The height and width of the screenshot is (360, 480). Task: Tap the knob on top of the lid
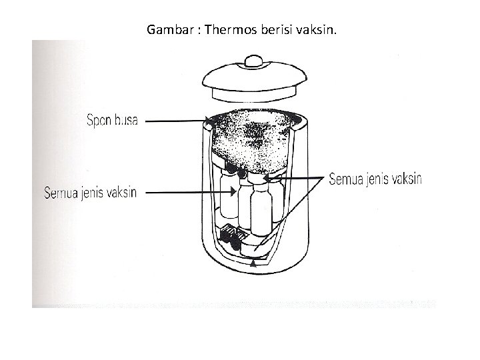[255, 61]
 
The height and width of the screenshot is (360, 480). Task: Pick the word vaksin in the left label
[123, 193]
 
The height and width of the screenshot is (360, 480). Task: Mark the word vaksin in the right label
[407, 180]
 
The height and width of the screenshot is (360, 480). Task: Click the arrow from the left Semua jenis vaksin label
[187, 193]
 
